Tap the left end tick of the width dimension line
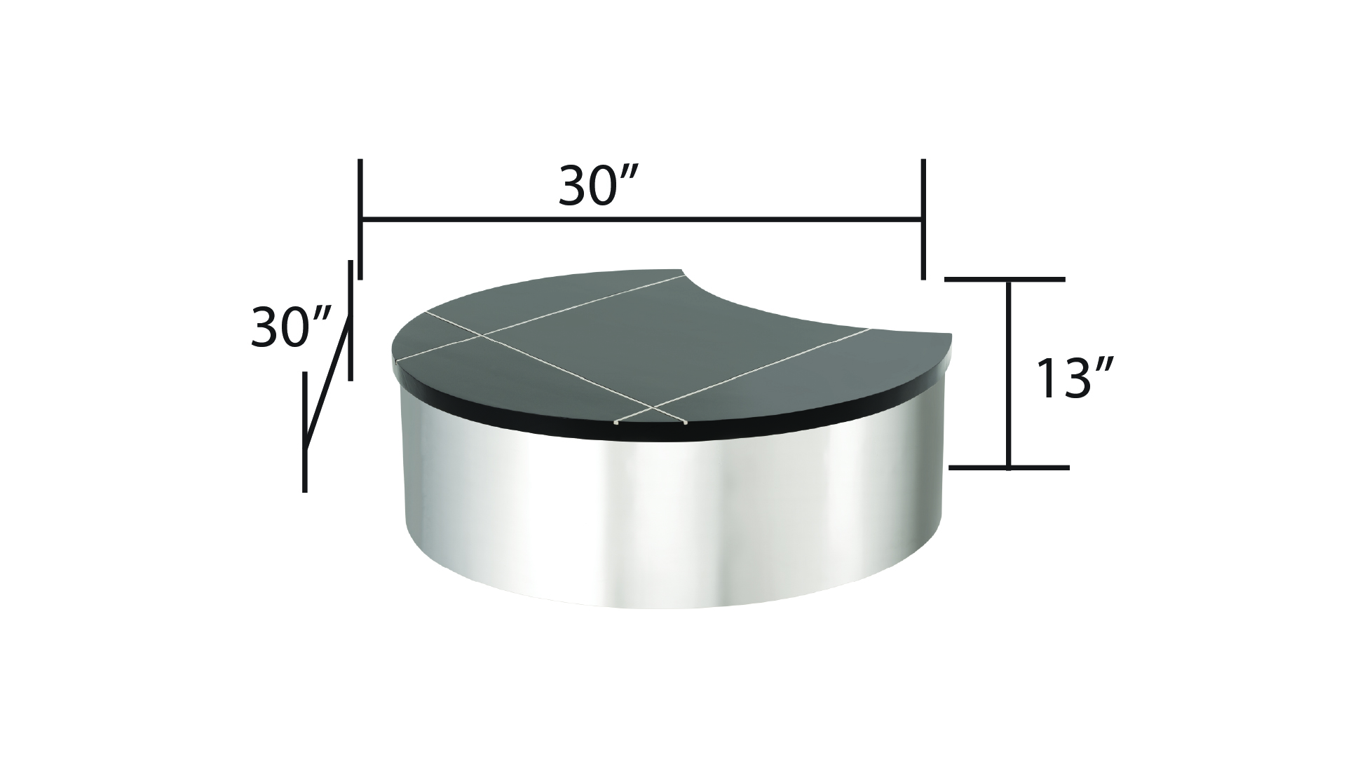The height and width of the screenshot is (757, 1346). coord(360,219)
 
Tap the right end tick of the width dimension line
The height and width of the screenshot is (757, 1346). coord(923,219)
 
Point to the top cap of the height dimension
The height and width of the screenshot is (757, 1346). coord(1005,279)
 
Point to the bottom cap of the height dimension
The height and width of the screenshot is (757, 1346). coord(1008,467)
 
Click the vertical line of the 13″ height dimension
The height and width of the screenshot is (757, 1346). coord(1009,373)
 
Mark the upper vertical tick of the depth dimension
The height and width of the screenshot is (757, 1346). coord(350,320)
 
